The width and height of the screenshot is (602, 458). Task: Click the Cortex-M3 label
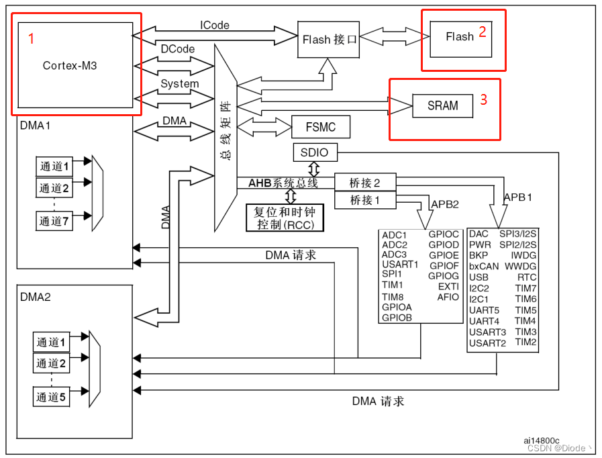pyautogui.click(x=74, y=65)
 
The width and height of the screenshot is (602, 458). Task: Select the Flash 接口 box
pyautogui.click(x=330, y=40)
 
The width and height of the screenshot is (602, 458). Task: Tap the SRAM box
pyautogui.click(x=443, y=105)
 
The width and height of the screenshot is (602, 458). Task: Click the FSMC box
pyautogui.click(x=320, y=126)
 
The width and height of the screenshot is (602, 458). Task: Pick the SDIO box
pyautogui.click(x=315, y=152)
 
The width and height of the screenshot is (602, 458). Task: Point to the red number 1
pyautogui.click(x=31, y=39)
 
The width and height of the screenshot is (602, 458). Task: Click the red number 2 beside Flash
pyautogui.click(x=482, y=31)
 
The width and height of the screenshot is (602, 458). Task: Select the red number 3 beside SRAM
pyautogui.click(x=483, y=101)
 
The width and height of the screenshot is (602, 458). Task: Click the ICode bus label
pyautogui.click(x=214, y=26)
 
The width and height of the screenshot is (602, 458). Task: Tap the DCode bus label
pyautogui.click(x=178, y=49)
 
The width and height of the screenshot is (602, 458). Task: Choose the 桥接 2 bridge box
pyautogui.click(x=365, y=183)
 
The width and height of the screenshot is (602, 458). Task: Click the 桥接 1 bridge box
pyautogui.click(x=365, y=199)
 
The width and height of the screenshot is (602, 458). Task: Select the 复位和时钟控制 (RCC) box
pyautogui.click(x=285, y=217)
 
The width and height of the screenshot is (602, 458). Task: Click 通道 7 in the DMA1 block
pyautogui.click(x=54, y=221)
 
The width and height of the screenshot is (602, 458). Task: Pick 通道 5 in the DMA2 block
pyautogui.click(x=52, y=398)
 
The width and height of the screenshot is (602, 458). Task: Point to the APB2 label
pyautogui.click(x=444, y=203)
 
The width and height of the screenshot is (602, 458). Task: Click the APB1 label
pyautogui.click(x=517, y=197)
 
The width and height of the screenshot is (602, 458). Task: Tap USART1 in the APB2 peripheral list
pyautogui.click(x=400, y=265)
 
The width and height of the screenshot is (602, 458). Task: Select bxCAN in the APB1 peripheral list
pyautogui.click(x=484, y=266)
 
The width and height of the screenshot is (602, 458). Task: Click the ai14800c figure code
pyautogui.click(x=542, y=440)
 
